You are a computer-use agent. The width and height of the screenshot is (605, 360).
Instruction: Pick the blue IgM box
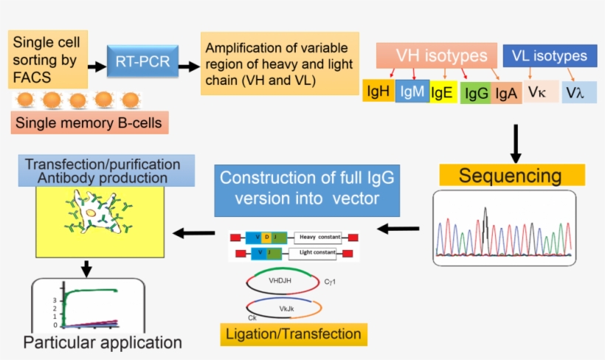(x=412, y=91)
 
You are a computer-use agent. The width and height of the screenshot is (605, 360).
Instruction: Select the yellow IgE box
(x=443, y=92)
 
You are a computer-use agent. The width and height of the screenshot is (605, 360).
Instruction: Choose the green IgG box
(x=476, y=94)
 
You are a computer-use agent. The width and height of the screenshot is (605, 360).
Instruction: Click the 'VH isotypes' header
(x=442, y=55)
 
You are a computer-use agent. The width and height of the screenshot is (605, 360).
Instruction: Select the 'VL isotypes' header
(x=550, y=56)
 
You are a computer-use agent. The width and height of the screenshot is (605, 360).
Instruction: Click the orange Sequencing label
(x=511, y=176)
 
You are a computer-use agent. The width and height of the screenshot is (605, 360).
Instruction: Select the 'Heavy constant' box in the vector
(x=319, y=238)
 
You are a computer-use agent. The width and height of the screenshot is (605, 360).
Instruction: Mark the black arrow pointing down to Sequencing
(x=516, y=143)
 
